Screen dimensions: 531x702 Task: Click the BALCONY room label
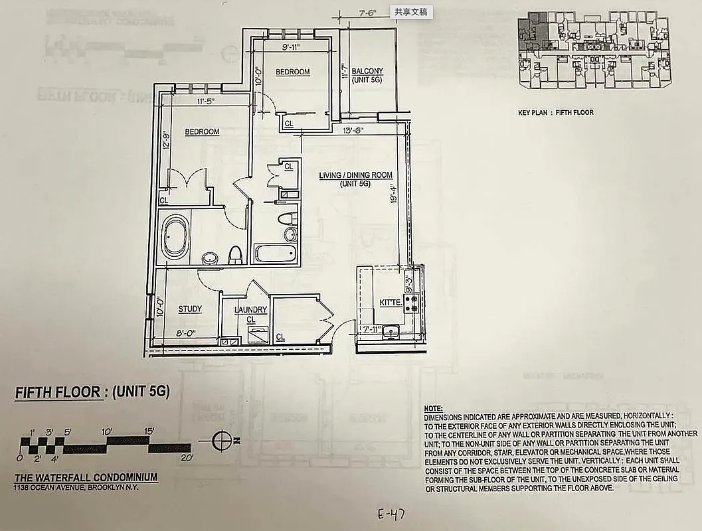coord(367,72)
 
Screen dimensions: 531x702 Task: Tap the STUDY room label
coord(190,309)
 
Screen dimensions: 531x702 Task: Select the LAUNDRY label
coord(250,310)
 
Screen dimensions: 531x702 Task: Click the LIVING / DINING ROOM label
coord(355,175)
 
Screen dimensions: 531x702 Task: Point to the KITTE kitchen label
coord(391,303)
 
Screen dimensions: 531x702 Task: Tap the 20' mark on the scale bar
coord(186,458)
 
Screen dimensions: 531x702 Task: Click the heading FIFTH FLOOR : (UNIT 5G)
coord(92,392)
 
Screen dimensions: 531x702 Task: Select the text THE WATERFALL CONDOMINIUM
coord(86,477)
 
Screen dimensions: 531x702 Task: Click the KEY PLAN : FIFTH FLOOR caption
coord(556,113)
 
